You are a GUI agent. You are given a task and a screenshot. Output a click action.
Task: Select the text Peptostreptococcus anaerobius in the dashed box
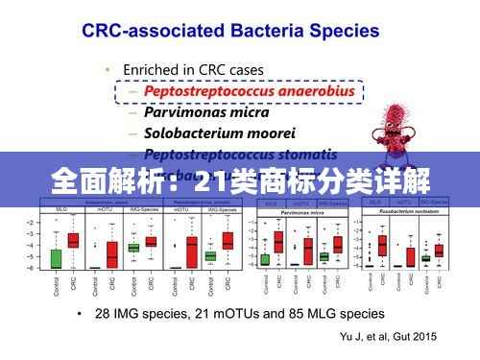(249, 91)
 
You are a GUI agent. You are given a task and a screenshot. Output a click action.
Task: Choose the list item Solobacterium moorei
(218, 132)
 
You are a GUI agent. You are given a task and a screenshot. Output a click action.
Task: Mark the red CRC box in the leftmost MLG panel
(73, 241)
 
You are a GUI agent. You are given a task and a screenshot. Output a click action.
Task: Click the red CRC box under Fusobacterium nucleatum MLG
(382, 245)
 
